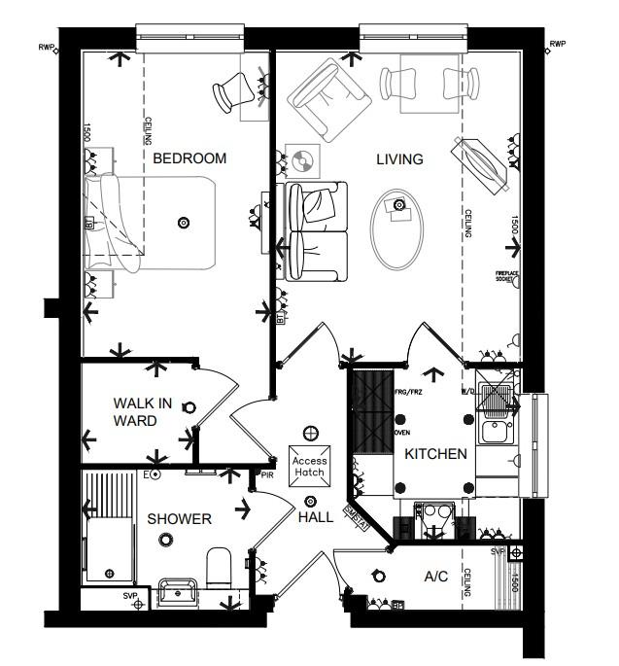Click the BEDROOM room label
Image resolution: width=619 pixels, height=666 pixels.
[x=189, y=158]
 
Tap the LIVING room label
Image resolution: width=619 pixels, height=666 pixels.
[x=399, y=159]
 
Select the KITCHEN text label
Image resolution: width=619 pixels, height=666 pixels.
[x=436, y=454]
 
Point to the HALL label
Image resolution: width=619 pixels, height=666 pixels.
[x=316, y=517]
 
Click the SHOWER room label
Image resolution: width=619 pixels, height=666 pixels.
[x=179, y=519]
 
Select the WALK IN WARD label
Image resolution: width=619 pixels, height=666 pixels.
[x=142, y=411]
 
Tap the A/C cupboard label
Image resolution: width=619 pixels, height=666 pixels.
[x=436, y=577]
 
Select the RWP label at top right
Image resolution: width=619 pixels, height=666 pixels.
[x=557, y=45]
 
